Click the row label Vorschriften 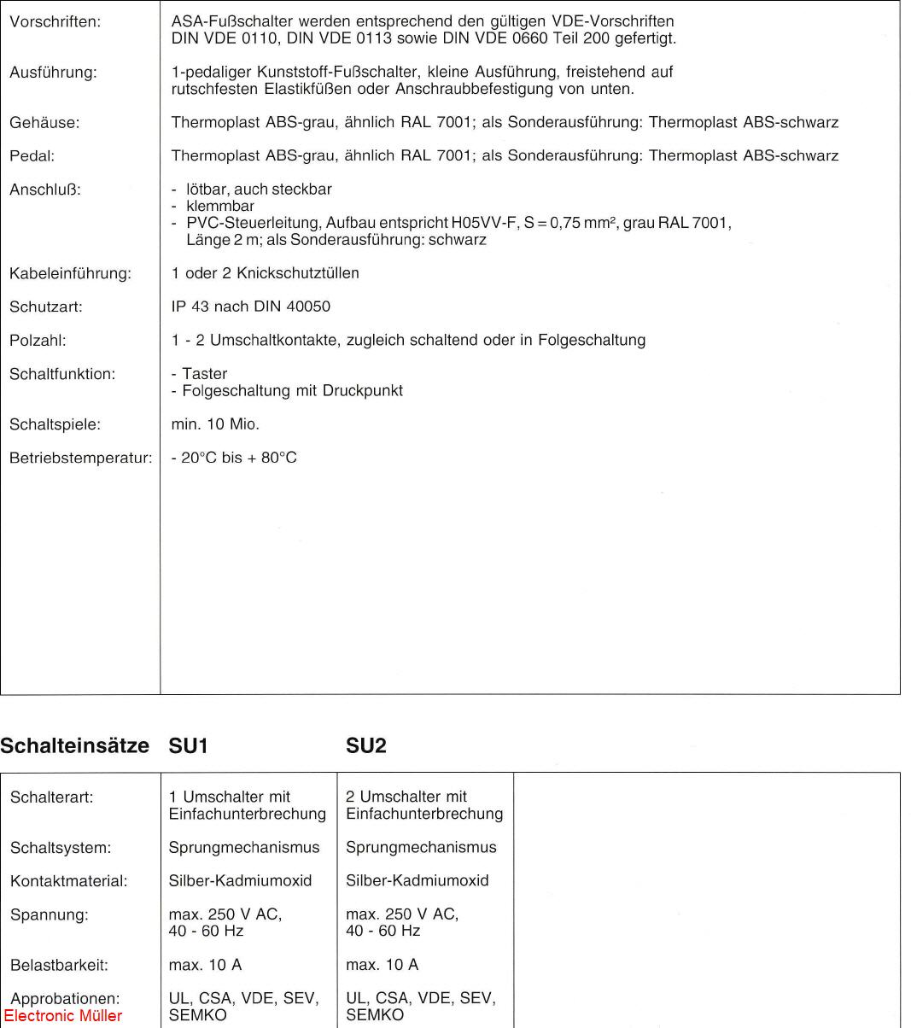pos(55,22)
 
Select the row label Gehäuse pos(44,123)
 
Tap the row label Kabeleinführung pos(70,274)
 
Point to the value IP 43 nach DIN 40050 pos(250,307)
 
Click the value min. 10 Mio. pos(215,424)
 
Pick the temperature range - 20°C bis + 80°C pos(234,458)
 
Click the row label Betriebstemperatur pos(80,459)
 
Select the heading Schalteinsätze pos(74,746)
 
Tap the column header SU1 pos(189,746)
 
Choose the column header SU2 pos(366,746)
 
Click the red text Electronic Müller pos(63,1016)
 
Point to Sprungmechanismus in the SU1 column pos(244,848)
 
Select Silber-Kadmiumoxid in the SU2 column pos(418,880)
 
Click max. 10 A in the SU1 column pos(206,965)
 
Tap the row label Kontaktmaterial pos(68,881)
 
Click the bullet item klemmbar pos(219,206)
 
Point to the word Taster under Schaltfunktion pos(204,374)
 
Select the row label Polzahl pos(38,341)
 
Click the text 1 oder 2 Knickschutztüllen pos(265,273)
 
